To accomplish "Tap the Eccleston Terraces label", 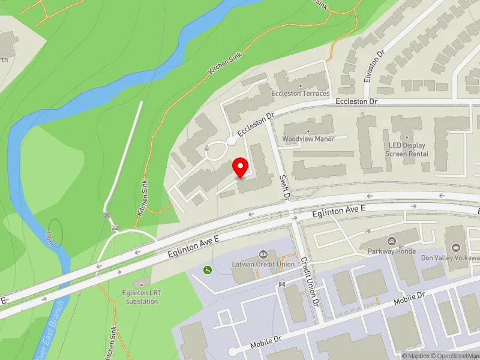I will tap(308, 94).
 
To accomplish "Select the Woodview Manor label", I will tap(308, 139).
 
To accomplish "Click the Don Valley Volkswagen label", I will tap(450, 258).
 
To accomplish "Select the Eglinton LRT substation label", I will tap(142, 297).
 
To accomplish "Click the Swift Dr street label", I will tap(286, 187).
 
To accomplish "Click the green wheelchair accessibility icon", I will tap(208, 271).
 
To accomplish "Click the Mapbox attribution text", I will tap(416, 356).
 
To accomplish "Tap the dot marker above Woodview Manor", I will tap(308, 131).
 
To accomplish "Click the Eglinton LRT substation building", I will tap(142, 283).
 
